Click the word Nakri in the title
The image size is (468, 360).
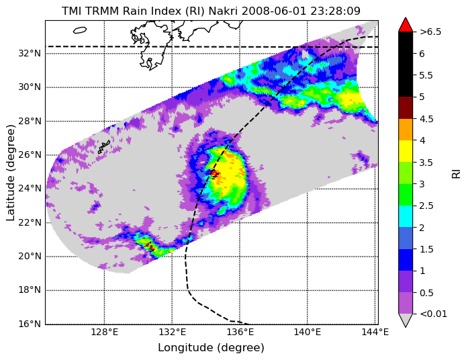pyautogui.click(x=223, y=11)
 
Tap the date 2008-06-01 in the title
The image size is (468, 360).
pyautogui.click(x=274, y=11)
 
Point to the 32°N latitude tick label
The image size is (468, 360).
pyautogui.click(x=30, y=54)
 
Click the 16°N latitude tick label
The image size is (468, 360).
pyautogui.click(x=30, y=324)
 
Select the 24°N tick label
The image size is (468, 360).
pyautogui.click(x=30, y=189)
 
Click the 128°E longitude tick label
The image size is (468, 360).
pyautogui.click(x=105, y=332)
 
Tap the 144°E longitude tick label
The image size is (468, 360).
pyautogui.click(x=375, y=332)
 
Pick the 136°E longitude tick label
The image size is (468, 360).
pyautogui.click(x=240, y=332)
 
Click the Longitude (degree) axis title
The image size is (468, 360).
pyautogui.click(x=211, y=348)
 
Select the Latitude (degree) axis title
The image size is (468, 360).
pyautogui.click(x=10, y=173)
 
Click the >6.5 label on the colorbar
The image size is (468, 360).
pyautogui.click(x=430, y=32)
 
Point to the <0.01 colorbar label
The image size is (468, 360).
pyautogui.click(x=433, y=314)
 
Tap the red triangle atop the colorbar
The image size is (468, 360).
pyautogui.click(x=406, y=25)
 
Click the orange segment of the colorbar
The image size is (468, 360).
pyautogui.click(x=406, y=130)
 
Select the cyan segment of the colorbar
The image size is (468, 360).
pyautogui.click(x=406, y=216)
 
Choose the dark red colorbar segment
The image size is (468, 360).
pyautogui.click(x=406, y=107)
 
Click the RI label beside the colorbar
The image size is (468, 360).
pyautogui.click(x=456, y=173)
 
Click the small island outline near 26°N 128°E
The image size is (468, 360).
pyautogui.click(x=104, y=147)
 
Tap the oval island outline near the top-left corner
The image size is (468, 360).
pyautogui.click(x=80, y=30)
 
